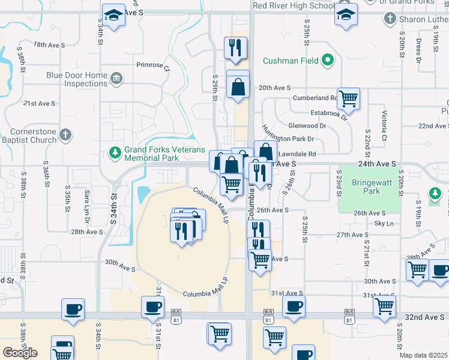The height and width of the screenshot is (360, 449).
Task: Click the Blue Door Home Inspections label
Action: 77,79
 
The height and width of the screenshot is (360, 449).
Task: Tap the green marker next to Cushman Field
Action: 328,60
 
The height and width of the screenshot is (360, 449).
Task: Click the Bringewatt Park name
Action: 367,187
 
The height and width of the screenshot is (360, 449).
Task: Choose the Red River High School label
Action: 294,5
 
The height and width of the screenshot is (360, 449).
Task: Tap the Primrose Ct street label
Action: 154,67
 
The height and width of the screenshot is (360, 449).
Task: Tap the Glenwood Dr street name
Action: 307,126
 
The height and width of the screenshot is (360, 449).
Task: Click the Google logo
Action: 20,353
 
